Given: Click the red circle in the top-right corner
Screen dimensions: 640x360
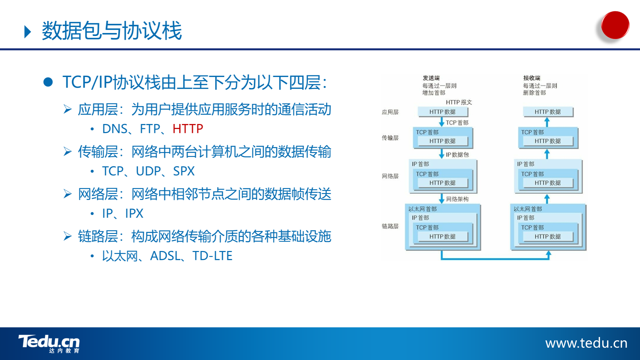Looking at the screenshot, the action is click(615, 25).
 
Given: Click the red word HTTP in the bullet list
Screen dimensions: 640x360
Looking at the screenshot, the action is click(188, 129).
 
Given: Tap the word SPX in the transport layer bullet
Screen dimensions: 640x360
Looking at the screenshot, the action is click(184, 171).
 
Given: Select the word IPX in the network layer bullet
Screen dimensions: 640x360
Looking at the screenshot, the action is click(134, 213).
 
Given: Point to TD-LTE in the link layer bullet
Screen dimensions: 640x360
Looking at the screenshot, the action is click(212, 256).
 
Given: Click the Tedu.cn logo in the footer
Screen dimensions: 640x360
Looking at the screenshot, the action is click(49, 344).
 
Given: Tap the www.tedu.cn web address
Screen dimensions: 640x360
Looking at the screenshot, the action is click(586, 343).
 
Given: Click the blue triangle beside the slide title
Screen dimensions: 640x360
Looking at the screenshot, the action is click(28, 32).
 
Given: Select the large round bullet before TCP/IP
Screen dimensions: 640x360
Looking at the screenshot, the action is click(48, 82).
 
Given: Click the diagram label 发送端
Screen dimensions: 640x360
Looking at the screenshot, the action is click(431, 78).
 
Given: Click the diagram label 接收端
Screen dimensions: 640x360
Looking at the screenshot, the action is click(532, 78).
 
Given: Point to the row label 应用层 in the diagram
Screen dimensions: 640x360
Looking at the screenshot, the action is click(390, 112).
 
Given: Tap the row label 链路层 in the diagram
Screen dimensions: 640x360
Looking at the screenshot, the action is click(390, 226).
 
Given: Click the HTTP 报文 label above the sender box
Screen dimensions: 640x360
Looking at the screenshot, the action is click(459, 102).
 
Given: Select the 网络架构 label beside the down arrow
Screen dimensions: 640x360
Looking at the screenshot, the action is click(457, 199).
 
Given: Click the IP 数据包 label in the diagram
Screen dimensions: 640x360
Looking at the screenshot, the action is click(457, 155).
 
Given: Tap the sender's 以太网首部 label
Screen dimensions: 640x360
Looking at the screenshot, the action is click(423, 209).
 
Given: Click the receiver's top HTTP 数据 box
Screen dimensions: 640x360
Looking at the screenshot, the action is click(548, 112).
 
